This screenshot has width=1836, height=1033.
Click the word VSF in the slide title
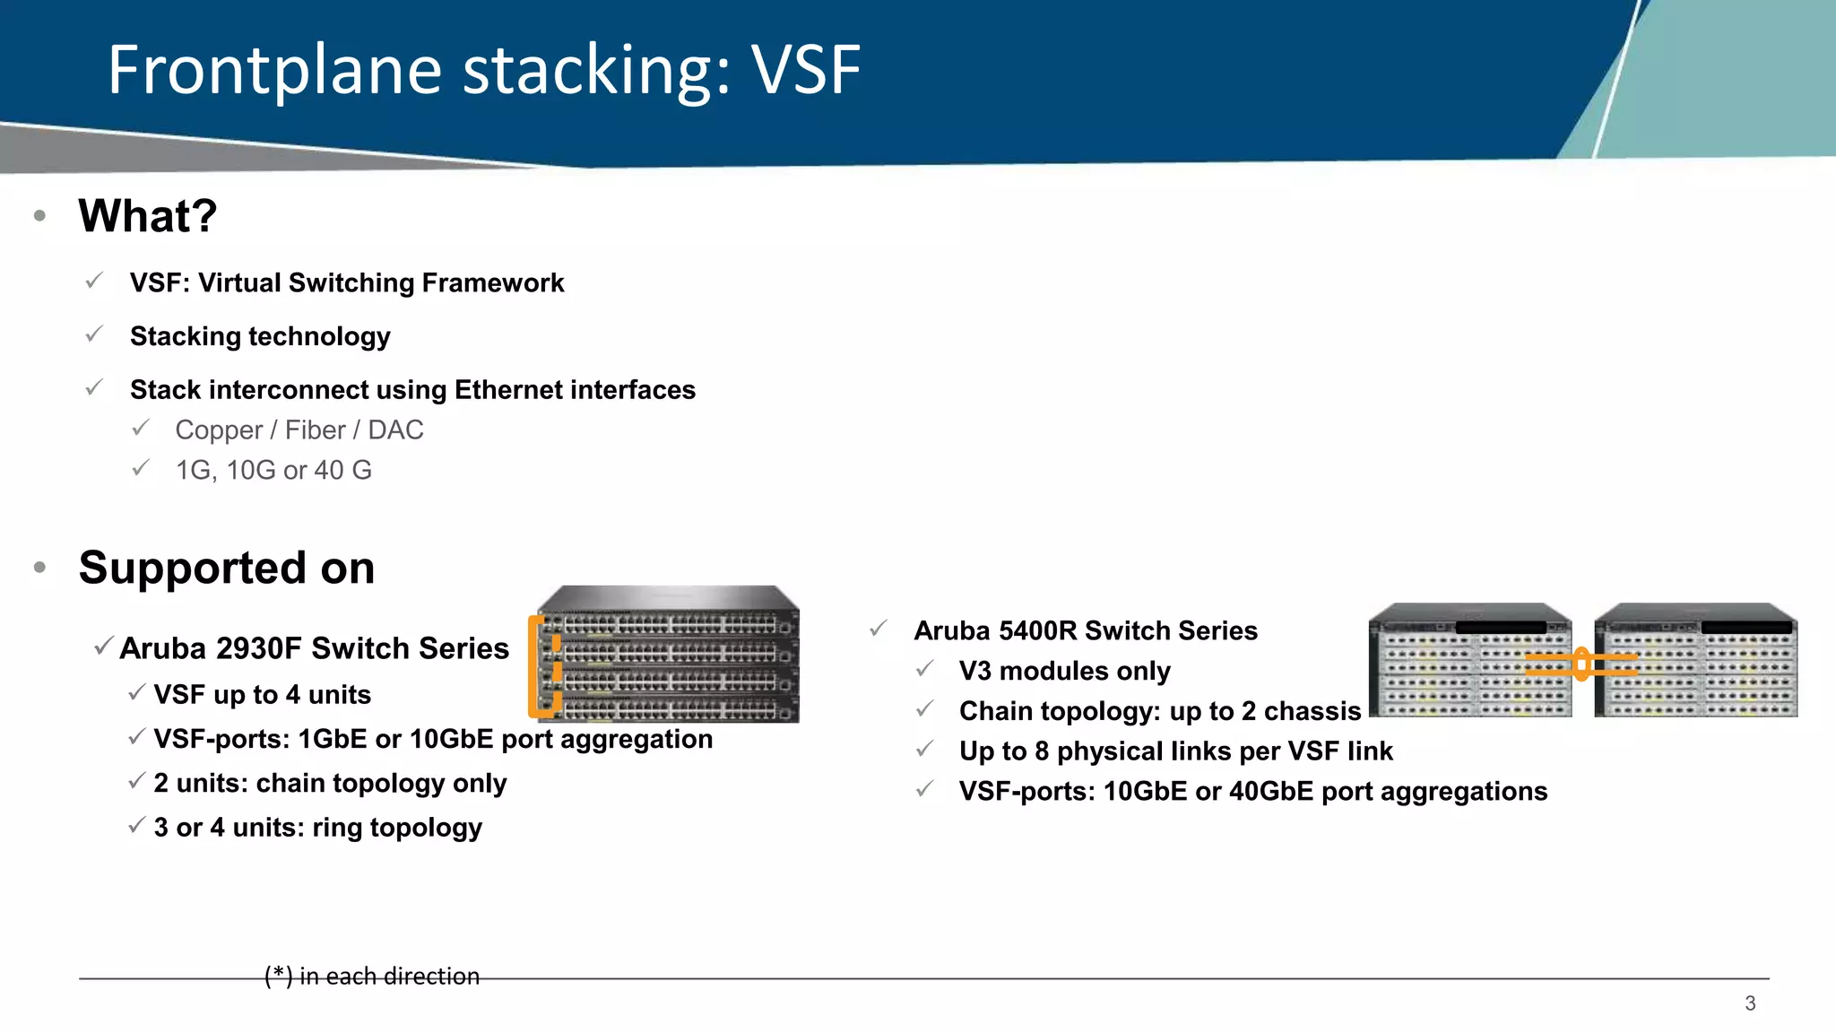click(805, 70)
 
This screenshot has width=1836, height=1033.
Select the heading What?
click(148, 216)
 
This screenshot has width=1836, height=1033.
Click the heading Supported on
click(227, 568)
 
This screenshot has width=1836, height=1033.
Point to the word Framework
click(492, 282)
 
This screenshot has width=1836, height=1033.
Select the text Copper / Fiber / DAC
click(299, 430)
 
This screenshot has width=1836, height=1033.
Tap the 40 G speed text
click(342, 470)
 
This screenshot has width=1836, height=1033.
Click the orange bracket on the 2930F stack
click(535, 668)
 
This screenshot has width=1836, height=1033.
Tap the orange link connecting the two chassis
click(1582, 664)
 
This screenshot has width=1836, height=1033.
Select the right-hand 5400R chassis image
click(1696, 660)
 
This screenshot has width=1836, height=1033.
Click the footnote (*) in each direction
click(372, 976)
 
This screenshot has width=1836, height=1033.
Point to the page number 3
click(1750, 1003)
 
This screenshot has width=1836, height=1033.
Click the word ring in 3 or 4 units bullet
click(336, 827)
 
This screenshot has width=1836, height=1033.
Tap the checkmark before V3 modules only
click(925, 670)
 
